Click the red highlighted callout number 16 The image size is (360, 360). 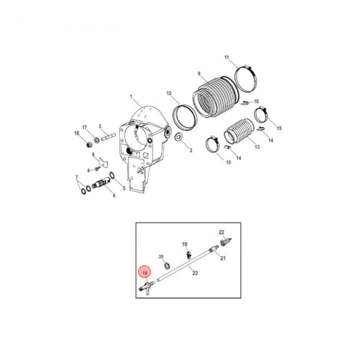coord(145,273)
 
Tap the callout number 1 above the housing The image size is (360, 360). coord(131,96)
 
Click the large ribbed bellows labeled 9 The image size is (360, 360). coord(215,96)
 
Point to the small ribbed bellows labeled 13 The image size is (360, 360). coord(239,131)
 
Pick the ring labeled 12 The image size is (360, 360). coord(185,117)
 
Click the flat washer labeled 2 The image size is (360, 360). coord(178,137)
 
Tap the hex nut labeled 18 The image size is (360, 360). coord(89,145)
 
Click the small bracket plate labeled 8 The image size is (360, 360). coord(103,161)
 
